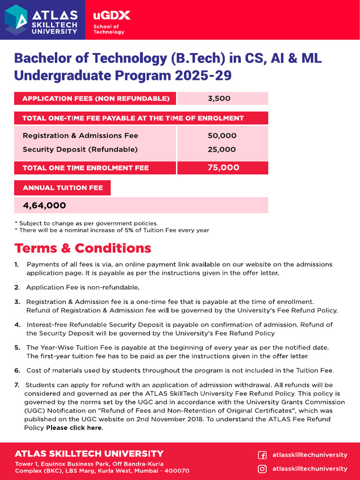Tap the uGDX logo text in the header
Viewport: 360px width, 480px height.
pyautogui.click(x=112, y=15)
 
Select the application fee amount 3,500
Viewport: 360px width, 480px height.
pyautogui.click(x=219, y=98)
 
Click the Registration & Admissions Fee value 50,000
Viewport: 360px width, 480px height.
pyautogui.click(x=222, y=135)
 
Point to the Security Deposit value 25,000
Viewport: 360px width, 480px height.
pyautogui.click(x=222, y=150)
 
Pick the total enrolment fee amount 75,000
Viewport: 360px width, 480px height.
pyautogui.click(x=223, y=168)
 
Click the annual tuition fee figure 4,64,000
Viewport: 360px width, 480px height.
pyautogui.click(x=45, y=205)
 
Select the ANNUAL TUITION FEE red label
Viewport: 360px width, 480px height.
pyautogui.click(x=62, y=188)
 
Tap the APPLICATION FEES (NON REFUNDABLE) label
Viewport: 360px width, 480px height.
pyautogui.click(x=96, y=98)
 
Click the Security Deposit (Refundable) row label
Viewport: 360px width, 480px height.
pyautogui.click(x=80, y=150)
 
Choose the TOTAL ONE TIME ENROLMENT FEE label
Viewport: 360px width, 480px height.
pyautogui.click(x=85, y=168)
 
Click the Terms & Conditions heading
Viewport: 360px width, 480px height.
pyautogui.click(x=83, y=248)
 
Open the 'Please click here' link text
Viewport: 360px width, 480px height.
pyautogui.click(x=74, y=428)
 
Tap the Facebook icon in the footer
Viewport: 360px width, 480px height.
pyautogui.click(x=262, y=455)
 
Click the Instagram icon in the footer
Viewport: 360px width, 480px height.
pyautogui.click(x=262, y=469)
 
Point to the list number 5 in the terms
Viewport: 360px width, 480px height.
pyautogui.click(x=17, y=347)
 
